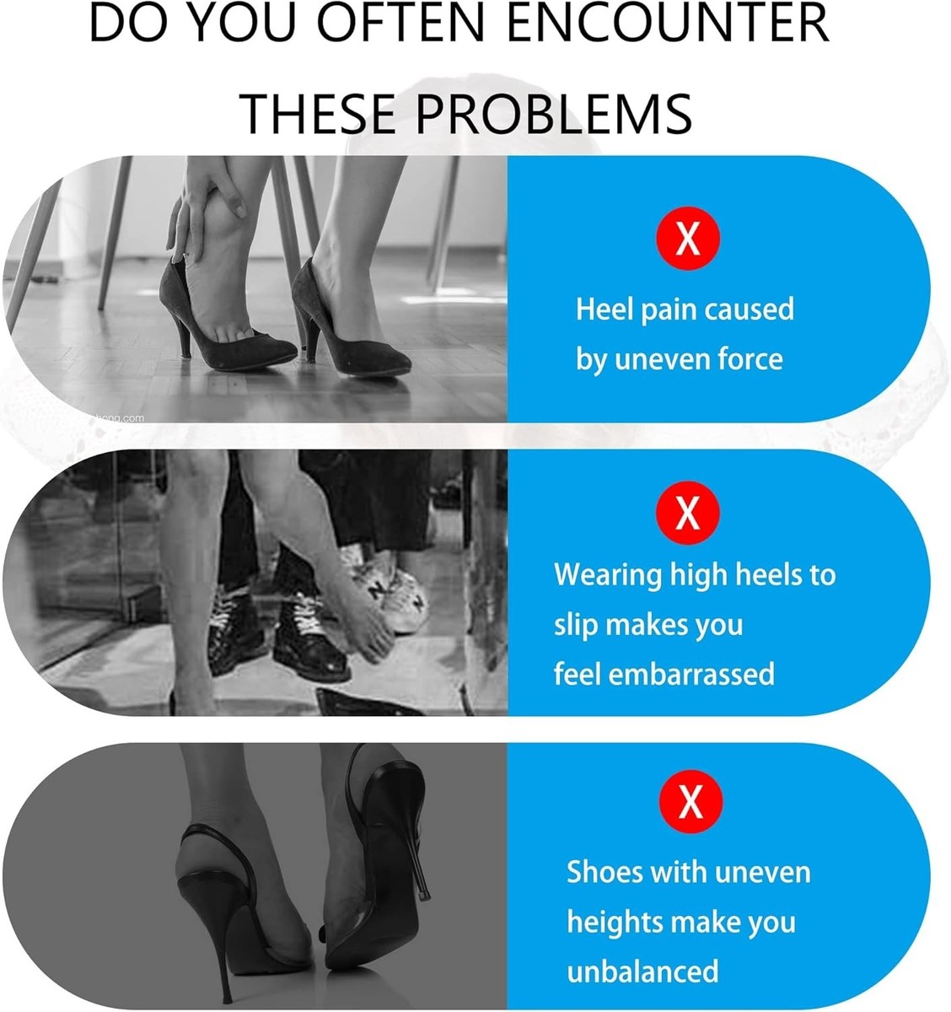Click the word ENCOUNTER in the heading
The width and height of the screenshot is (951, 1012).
click(669, 23)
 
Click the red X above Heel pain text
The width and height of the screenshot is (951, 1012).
click(687, 238)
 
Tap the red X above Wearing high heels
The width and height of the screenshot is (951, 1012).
click(687, 513)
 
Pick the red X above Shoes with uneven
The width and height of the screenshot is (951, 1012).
click(690, 801)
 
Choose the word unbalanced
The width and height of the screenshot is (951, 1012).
click(642, 971)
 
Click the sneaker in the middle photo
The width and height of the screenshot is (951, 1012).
click(390, 591)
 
